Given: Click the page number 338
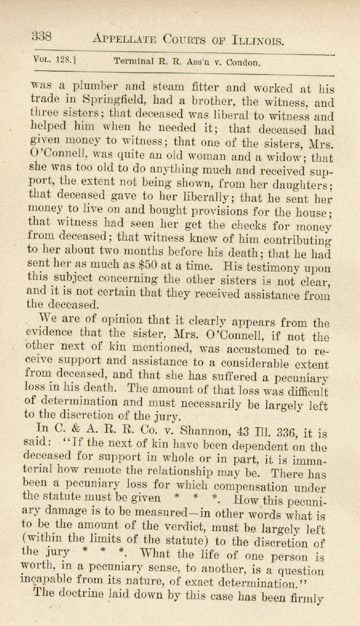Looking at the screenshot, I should click(41, 37).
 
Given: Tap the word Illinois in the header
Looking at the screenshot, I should click(261, 38).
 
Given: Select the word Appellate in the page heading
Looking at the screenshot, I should click(124, 38).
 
